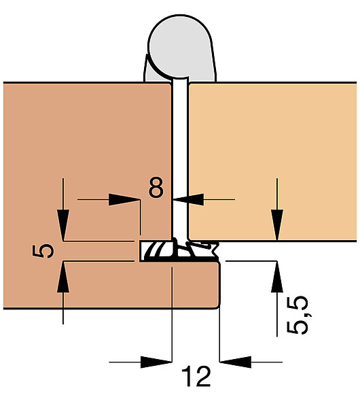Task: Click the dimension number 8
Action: click(156, 187)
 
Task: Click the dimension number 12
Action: click(196, 376)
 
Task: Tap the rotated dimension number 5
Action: click(43, 251)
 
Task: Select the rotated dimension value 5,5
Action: click(298, 315)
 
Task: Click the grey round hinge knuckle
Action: click(180, 46)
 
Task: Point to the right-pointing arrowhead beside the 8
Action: click(124, 199)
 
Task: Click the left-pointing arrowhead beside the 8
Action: click(188, 199)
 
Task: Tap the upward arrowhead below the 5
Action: click(63, 277)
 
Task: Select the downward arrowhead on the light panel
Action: click(277, 225)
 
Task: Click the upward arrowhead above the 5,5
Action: click(277, 276)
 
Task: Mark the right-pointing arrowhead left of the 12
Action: click(156, 362)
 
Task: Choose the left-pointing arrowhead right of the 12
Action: click(236, 362)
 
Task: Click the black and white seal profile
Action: click(179, 250)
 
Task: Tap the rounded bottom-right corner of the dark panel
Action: click(217, 306)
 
